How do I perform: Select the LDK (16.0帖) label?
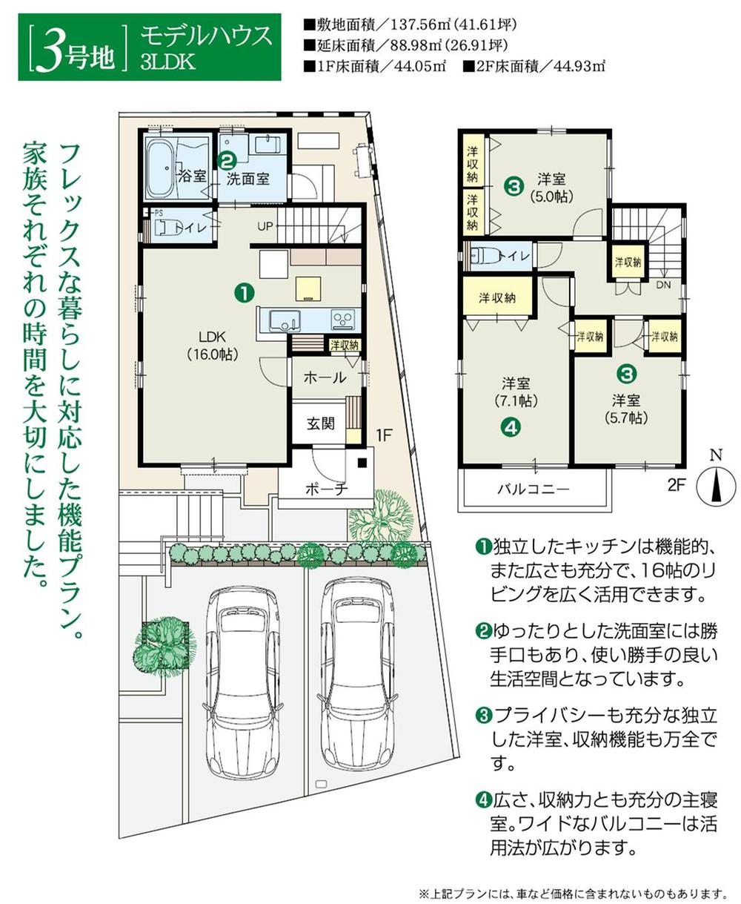click(213, 344)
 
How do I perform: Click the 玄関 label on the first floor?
click(321, 423)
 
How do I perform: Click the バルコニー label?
click(533, 489)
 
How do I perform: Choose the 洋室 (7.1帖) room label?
click(515, 392)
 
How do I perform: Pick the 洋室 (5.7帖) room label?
click(626, 409)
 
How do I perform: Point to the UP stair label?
click(265, 225)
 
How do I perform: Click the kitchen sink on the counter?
click(284, 320)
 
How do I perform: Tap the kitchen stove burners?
click(342, 320)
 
